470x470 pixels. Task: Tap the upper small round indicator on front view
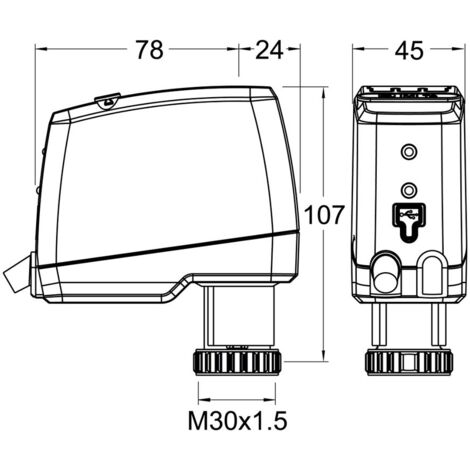click(407, 151)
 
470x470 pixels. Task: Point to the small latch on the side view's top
click(107, 99)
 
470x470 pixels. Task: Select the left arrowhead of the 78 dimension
click(41, 47)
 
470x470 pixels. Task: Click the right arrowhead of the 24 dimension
click(296, 47)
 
